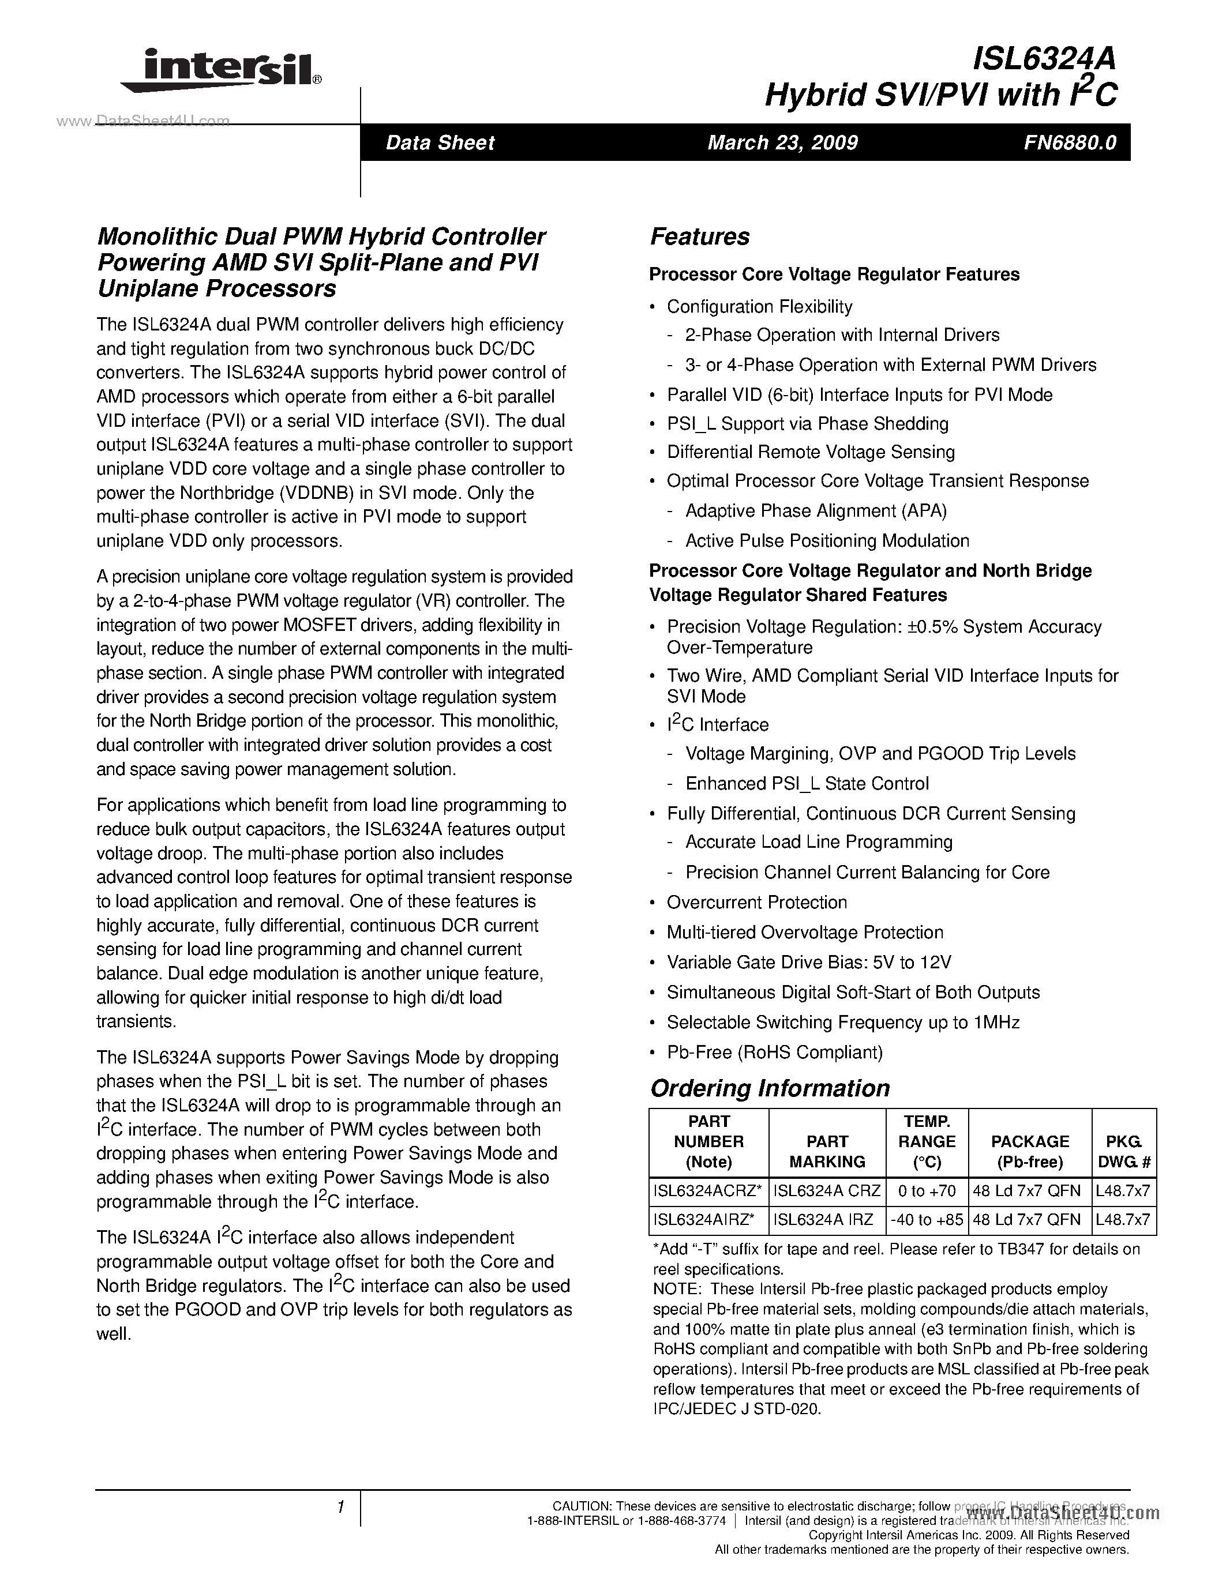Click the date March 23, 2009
[782, 142]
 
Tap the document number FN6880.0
[1070, 142]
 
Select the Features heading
[699, 236]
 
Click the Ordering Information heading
[769, 1088]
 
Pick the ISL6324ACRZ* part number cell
[708, 1191]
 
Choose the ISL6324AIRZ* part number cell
[708, 1220]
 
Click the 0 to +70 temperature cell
[927, 1191]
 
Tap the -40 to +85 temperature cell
[927, 1220]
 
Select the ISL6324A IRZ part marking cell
[827, 1220]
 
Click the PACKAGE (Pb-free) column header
[1030, 1151]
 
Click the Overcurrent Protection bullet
[757, 903]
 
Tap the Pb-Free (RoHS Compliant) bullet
[774, 1053]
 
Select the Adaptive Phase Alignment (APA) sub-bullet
[816, 511]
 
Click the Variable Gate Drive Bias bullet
[808, 963]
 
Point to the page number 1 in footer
[340, 1507]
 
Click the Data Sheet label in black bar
[440, 142]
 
